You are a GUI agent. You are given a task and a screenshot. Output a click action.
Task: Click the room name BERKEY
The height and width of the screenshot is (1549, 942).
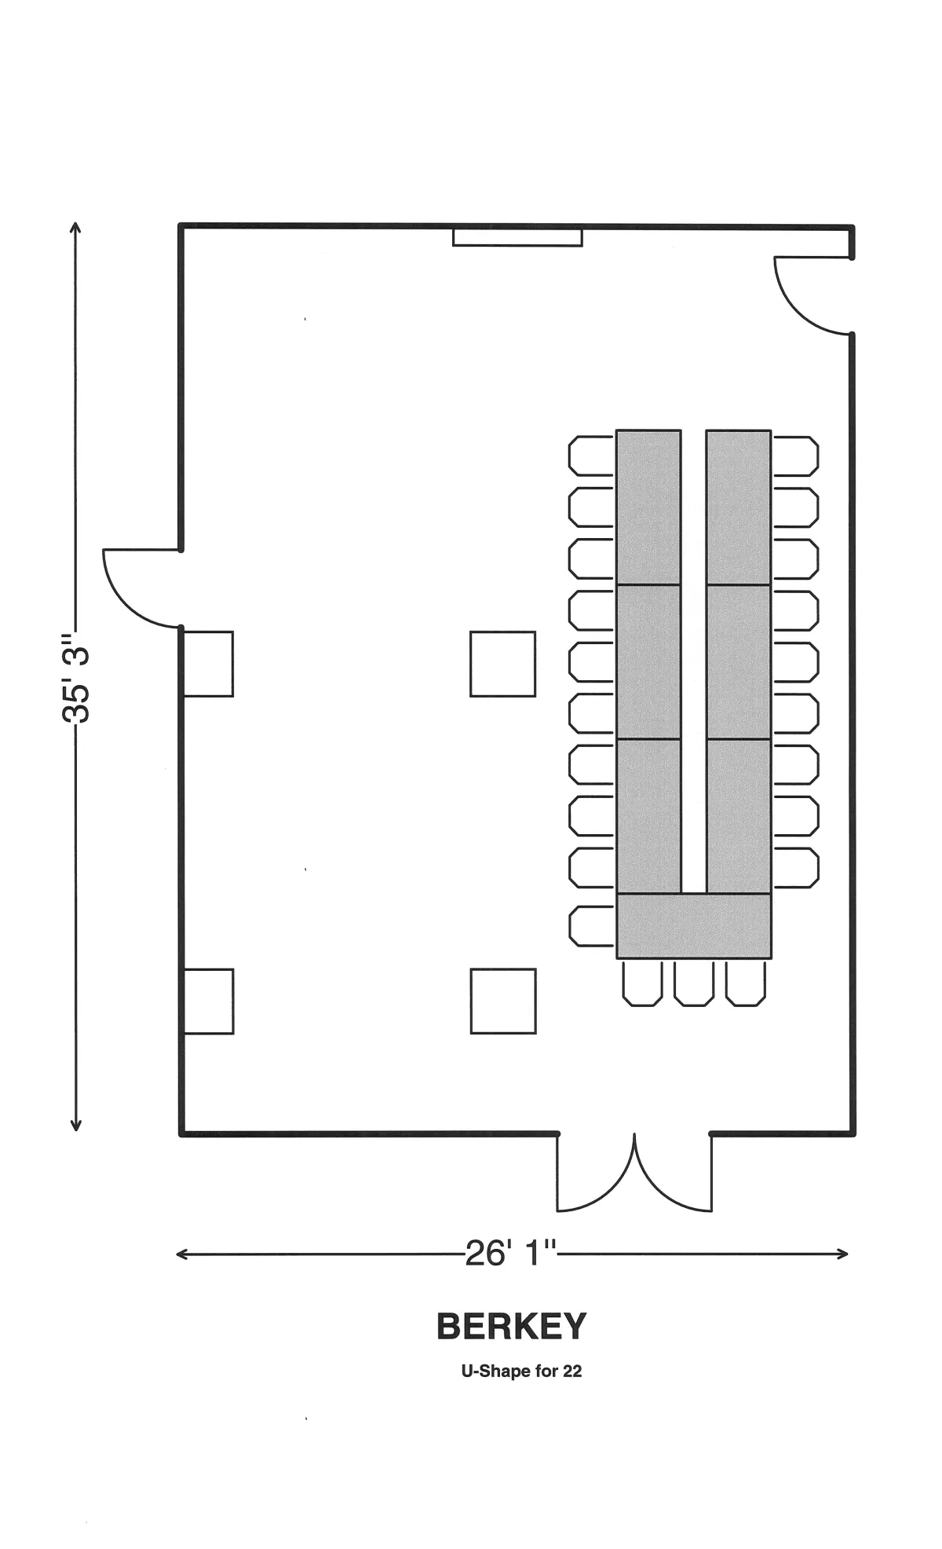tap(511, 1327)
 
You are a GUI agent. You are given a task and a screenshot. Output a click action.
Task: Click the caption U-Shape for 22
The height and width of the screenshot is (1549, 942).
tap(521, 1371)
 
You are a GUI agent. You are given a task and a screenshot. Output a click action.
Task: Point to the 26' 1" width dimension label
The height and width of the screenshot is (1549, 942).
tap(511, 1254)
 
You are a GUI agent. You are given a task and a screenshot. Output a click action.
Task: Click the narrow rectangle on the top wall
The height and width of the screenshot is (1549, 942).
tap(517, 236)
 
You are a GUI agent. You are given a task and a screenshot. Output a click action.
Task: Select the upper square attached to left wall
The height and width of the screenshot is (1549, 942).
tap(208, 664)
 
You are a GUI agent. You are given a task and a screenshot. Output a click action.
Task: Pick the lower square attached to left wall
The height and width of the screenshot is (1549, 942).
tap(208, 1002)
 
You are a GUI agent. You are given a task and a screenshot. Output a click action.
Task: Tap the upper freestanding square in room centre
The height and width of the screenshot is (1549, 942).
tap(503, 664)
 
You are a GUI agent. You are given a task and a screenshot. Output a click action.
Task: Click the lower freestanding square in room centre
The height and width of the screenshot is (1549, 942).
tap(503, 1002)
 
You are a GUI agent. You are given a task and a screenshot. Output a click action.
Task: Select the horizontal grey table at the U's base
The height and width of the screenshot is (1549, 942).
tap(694, 926)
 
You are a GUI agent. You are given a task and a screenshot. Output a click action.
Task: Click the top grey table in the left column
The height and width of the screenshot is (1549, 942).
tap(648, 507)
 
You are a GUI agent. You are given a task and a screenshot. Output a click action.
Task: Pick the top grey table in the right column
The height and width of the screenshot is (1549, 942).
tap(739, 507)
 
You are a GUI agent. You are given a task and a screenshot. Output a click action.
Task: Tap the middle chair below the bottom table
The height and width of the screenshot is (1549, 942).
tap(694, 983)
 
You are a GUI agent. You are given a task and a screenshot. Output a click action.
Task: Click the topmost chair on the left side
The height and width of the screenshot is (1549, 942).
tap(591, 456)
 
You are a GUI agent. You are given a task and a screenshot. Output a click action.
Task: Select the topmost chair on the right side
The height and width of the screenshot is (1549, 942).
tap(796, 456)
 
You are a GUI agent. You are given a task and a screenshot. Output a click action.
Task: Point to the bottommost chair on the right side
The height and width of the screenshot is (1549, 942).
tap(796, 868)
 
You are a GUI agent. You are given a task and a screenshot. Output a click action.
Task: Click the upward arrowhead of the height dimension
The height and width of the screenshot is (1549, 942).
tap(76, 229)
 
